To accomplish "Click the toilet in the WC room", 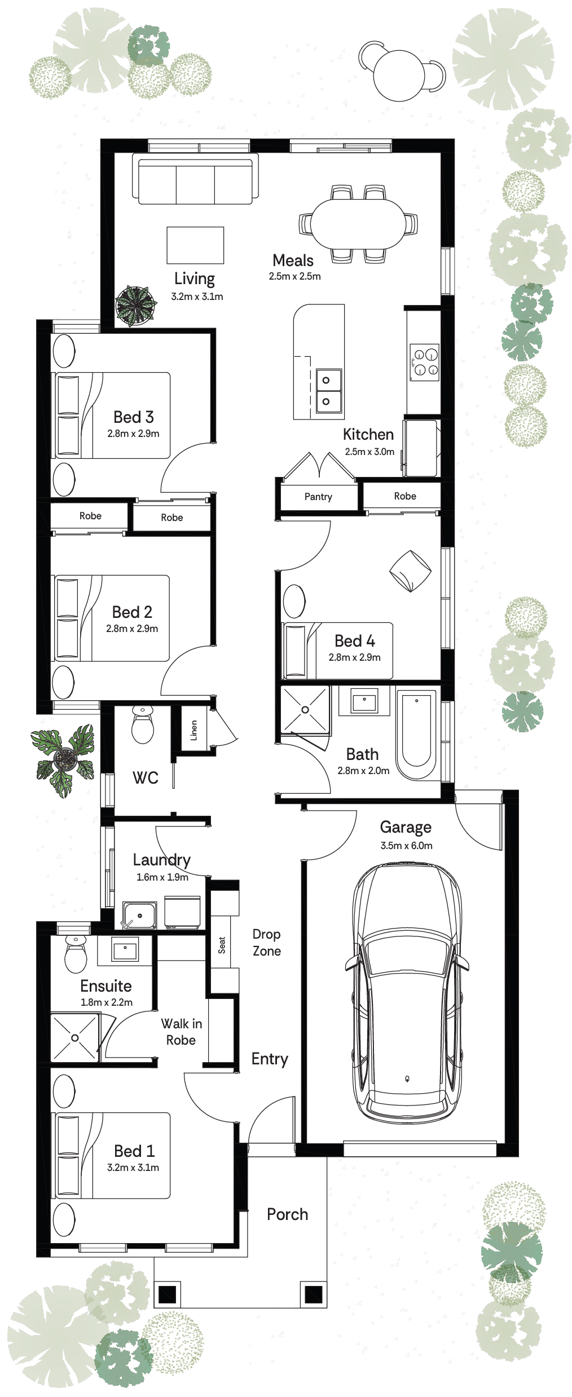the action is click(142, 726).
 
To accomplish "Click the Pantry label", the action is click(318, 497).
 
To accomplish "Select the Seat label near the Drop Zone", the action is click(222, 945).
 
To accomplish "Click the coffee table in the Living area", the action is click(195, 245).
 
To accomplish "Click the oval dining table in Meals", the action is click(358, 224).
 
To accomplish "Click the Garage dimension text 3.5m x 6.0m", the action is click(406, 846).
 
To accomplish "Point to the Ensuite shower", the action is click(75, 1038).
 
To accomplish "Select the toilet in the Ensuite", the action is click(76, 954).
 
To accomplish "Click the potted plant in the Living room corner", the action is click(135, 306).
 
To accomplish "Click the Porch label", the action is click(288, 1214).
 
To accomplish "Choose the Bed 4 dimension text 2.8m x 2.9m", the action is click(355, 657).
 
